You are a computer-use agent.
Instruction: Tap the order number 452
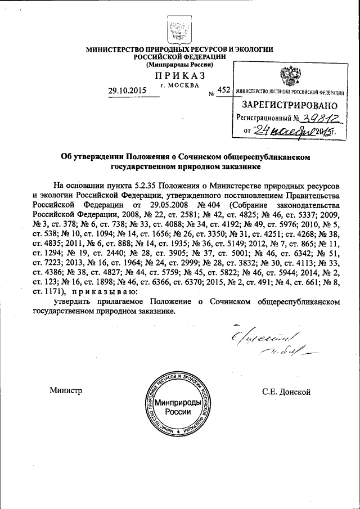click(223, 89)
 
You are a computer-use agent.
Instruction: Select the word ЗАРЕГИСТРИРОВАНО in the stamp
click(290, 105)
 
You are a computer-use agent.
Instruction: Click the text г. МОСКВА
click(179, 85)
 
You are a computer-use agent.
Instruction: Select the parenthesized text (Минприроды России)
click(179, 65)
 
